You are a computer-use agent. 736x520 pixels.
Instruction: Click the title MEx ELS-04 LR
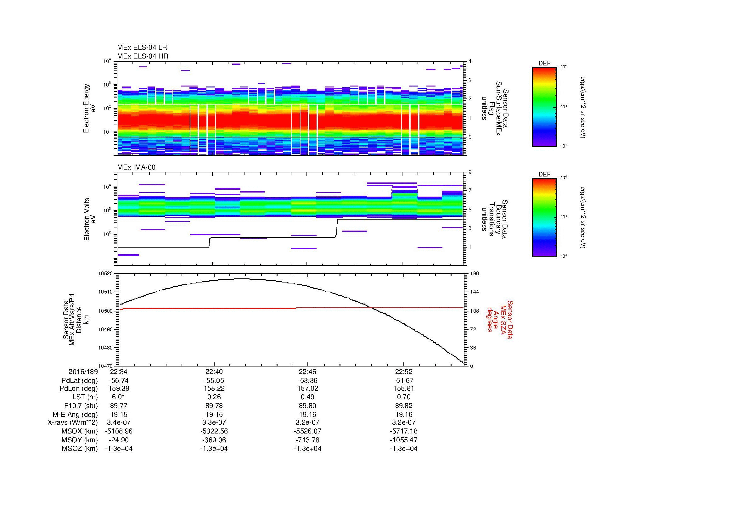tap(142, 48)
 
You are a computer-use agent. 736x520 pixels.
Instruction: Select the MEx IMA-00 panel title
tap(136, 167)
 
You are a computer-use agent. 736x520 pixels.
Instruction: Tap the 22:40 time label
tap(214, 372)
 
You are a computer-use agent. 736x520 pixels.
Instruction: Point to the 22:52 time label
tap(404, 372)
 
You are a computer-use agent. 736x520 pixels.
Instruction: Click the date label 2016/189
tap(83, 372)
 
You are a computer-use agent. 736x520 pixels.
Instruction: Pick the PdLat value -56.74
tap(119, 381)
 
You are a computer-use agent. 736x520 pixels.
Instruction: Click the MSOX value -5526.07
tap(308, 432)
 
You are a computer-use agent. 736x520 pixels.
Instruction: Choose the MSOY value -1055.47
tap(404, 440)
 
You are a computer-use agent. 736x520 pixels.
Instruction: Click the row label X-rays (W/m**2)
tap(72, 423)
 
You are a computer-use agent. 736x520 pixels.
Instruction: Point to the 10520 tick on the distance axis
tap(106, 274)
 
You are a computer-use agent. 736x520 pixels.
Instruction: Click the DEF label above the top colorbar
tap(544, 64)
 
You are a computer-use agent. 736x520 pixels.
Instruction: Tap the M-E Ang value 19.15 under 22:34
tap(119, 414)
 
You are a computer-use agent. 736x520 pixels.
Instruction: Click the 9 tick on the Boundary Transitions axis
tap(470, 172)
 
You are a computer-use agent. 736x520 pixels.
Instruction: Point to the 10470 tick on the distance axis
tap(106, 366)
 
